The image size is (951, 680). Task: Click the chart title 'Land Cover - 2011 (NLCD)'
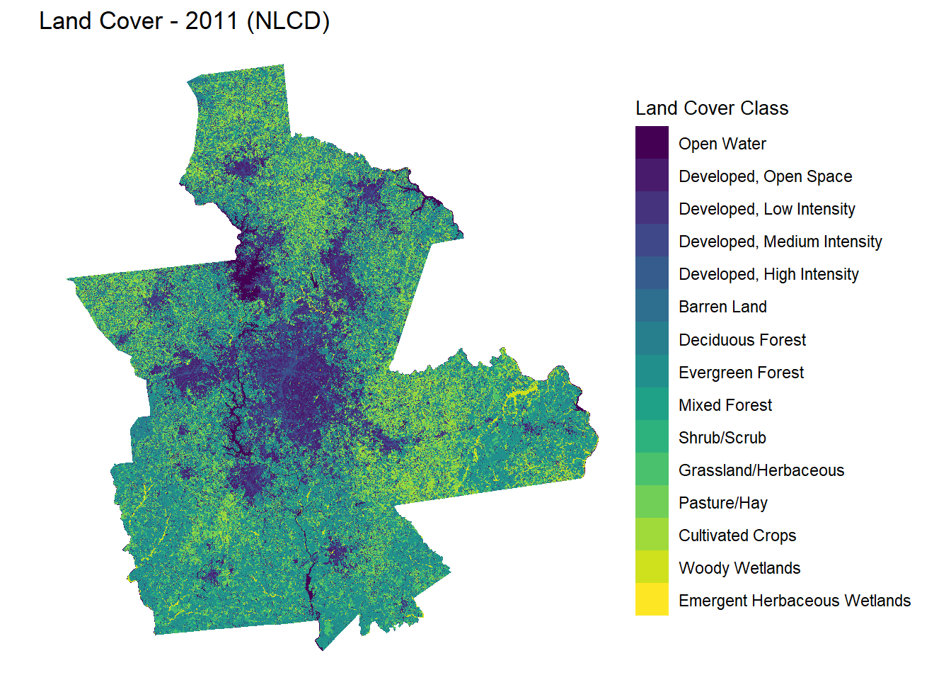point(184,21)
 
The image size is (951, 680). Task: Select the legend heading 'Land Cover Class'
point(711,108)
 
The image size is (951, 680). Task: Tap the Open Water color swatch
point(652,142)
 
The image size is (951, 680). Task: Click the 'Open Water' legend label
point(722,144)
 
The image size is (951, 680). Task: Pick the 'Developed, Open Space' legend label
point(765,176)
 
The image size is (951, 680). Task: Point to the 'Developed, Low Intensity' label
point(766,209)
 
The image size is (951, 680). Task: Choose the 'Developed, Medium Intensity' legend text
point(780,242)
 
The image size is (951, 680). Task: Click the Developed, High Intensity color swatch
point(652,273)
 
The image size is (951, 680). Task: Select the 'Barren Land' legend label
point(722,307)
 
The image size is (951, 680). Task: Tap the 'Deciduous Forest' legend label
point(742,340)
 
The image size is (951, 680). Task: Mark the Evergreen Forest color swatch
point(652,370)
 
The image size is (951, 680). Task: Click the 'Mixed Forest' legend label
point(725,405)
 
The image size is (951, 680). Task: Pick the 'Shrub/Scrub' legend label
point(722,438)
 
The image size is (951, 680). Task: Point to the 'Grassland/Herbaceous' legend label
point(761,470)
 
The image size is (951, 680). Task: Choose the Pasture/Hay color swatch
point(652,501)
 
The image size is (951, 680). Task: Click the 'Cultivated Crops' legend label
point(737,535)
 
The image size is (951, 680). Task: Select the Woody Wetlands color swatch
point(652,566)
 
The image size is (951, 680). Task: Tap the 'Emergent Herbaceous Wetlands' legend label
point(794,601)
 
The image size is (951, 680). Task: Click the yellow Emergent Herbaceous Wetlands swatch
point(652,599)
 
